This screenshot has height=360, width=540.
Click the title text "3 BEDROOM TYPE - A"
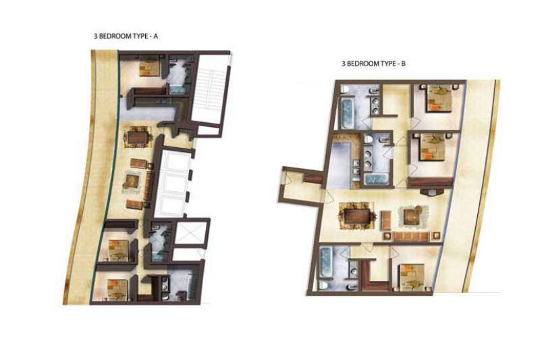pos(126,36)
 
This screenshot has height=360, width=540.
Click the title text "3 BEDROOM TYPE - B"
pos(373,63)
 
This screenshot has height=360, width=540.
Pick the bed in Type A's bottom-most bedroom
pos(117,288)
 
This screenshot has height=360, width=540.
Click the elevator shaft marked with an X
pos(190,233)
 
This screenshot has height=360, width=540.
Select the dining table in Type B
pos(357,217)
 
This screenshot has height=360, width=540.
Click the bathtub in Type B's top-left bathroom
pos(347,112)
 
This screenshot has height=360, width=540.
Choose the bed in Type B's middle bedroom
pos(432,147)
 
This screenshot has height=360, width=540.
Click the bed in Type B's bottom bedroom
pos(412,276)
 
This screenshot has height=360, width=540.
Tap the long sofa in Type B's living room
pos(410,236)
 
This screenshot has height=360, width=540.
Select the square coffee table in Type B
pos(411,217)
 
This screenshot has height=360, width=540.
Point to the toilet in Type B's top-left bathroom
pos(345,91)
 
